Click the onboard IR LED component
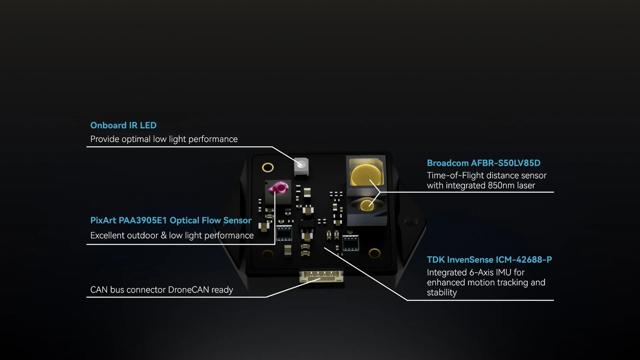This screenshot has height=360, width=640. (301, 166)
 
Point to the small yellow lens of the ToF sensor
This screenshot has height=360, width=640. (366, 205)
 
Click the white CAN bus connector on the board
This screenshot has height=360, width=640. (321, 276)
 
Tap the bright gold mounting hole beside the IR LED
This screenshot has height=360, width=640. (268, 167)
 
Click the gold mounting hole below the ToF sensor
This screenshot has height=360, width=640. (374, 253)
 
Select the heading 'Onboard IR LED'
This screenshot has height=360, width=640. (123, 125)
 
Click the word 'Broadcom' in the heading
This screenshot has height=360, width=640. (448, 163)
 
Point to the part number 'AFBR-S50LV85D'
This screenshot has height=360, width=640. (506, 163)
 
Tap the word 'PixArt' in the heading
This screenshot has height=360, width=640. (103, 220)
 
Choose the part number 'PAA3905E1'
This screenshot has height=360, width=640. (143, 220)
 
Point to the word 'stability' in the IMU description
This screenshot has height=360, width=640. (442, 292)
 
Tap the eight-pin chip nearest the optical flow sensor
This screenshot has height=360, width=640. (284, 233)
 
